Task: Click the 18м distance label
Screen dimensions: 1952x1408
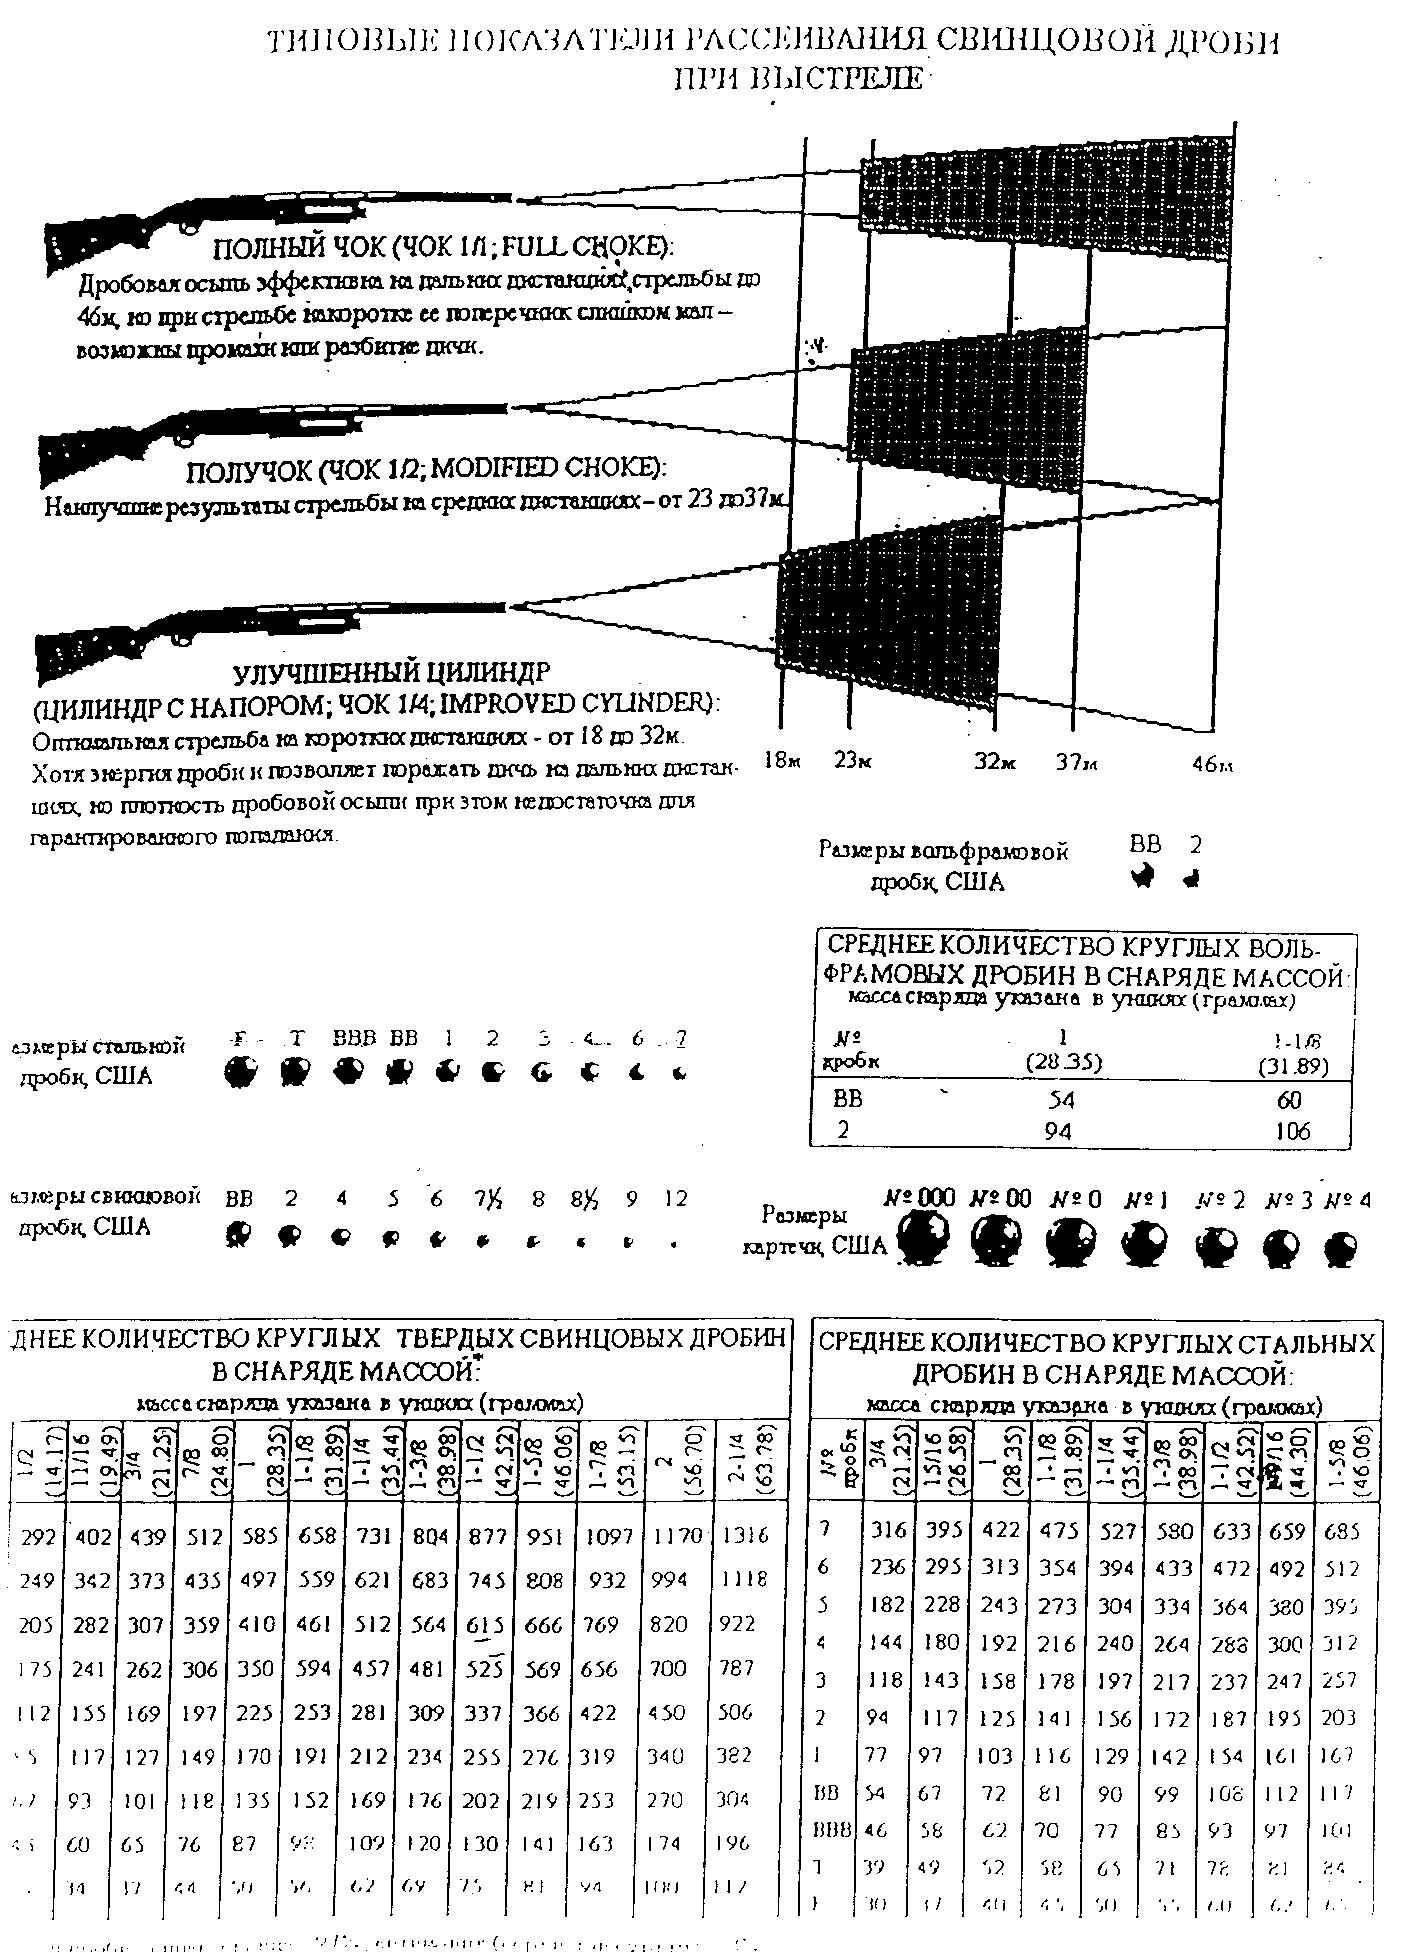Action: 782,761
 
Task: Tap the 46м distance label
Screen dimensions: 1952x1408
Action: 1211,765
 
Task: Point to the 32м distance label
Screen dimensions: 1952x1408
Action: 995,762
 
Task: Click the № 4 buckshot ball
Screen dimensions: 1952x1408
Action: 1340,1249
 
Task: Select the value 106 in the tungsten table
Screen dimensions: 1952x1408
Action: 1292,1131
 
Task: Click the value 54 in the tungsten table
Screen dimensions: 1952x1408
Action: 1057,1100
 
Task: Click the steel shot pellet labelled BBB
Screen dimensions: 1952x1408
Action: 347,1073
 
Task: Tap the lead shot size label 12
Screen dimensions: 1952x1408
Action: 676,1198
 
